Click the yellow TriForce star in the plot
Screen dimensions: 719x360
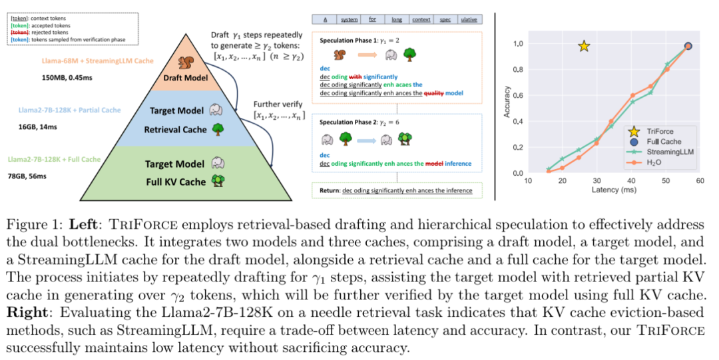tap(584, 46)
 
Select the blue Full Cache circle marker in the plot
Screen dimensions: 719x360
tap(688, 46)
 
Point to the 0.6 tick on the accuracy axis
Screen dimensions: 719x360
tap(518, 95)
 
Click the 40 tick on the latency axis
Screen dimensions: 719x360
tap(631, 181)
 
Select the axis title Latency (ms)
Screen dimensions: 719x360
tap(614, 190)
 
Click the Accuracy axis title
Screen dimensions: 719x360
tap(507, 102)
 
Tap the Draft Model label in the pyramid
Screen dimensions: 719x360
tap(186, 78)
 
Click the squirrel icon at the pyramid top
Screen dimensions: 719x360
tap(186, 63)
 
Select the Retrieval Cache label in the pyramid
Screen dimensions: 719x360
tap(175, 130)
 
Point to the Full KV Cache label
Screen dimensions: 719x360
tap(176, 182)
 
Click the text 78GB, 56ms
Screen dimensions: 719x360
tap(27, 176)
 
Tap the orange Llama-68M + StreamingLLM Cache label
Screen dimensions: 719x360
tap(98, 61)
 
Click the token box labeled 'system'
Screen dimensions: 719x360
tap(349, 19)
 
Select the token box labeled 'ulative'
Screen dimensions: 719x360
tap(469, 19)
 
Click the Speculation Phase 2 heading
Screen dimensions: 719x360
tap(359, 122)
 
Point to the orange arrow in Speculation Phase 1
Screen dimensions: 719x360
tap(367, 55)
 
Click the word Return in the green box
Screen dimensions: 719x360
tap(330, 190)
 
